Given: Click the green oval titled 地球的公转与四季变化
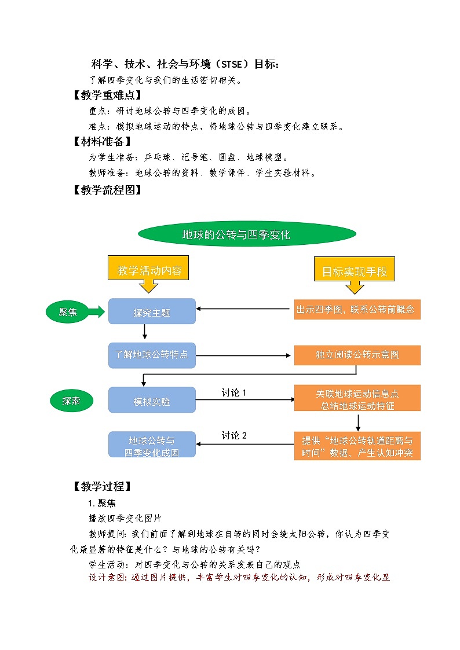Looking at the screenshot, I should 247,234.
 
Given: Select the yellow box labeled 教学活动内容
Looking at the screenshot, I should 149,270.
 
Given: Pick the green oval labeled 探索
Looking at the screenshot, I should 71,401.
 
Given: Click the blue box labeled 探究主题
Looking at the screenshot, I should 152,312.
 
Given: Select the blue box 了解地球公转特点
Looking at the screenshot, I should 152,355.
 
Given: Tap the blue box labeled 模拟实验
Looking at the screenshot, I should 152,401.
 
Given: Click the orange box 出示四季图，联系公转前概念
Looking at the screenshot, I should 357,309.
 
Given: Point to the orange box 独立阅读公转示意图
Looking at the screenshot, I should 357,355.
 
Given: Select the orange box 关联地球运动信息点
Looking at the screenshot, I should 357,399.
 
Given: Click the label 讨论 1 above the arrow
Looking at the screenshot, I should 234,392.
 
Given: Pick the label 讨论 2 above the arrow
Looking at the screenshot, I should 234,435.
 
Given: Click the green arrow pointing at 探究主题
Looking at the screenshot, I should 96,312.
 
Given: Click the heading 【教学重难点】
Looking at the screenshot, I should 104,96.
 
